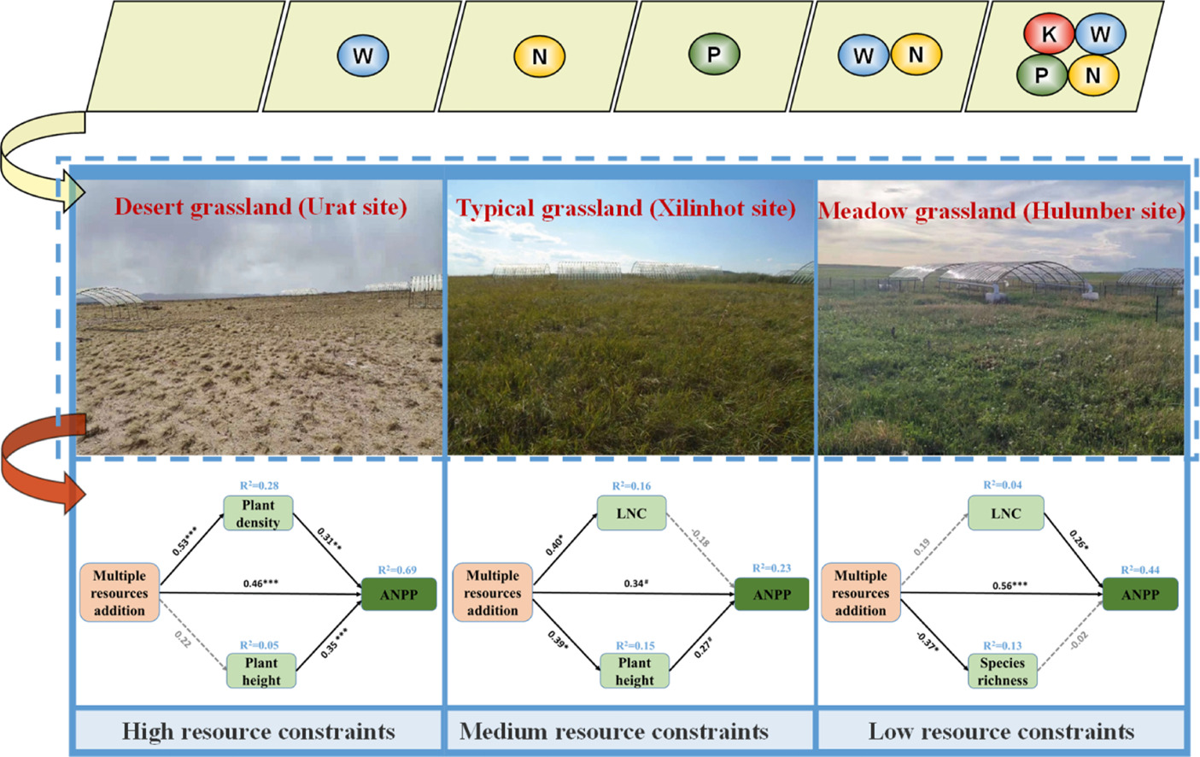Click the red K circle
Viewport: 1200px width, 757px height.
(1049, 35)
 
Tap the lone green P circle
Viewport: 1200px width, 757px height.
(713, 55)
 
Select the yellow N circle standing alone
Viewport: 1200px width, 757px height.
(539, 56)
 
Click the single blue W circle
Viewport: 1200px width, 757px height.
(362, 56)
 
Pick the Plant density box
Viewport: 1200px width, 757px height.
(258, 513)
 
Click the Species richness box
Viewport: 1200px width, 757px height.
(1003, 672)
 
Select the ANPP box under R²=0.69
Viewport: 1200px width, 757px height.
(399, 595)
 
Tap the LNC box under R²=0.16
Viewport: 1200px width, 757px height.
(631, 513)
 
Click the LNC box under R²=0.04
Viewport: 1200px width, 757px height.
(1005, 513)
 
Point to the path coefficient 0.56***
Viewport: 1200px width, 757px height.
(1010, 585)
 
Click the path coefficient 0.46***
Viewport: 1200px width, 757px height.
(260, 584)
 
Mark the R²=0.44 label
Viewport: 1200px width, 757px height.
(1140, 570)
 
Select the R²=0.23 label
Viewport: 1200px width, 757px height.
(771, 568)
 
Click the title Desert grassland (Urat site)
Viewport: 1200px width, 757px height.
(260, 207)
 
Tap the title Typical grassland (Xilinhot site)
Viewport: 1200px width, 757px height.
(626, 208)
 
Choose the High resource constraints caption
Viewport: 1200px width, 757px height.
(258, 731)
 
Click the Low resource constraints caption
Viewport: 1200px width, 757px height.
(1001, 731)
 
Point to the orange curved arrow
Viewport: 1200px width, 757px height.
(34, 461)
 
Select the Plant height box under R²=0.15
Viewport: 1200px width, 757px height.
(635, 672)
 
